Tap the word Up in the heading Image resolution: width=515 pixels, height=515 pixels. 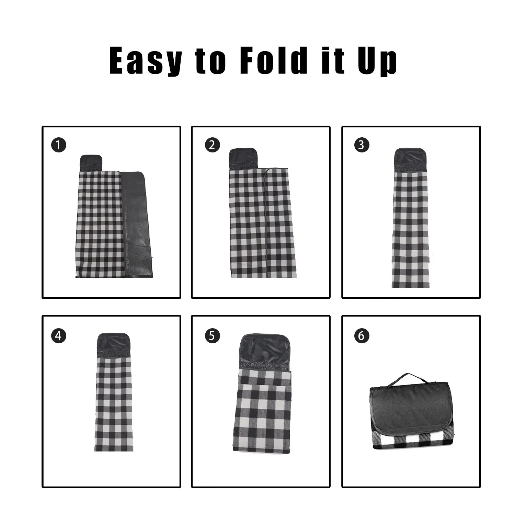377,62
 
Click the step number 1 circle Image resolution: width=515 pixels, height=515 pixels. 58,145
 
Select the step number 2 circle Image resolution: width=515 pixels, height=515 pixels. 212,145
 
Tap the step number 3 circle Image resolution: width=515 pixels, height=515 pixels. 361,145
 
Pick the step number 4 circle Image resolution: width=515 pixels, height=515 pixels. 58,335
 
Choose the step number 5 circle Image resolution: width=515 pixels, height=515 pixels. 212,335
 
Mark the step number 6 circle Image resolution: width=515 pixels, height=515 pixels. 361,335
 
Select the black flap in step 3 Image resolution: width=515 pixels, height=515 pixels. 410,160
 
